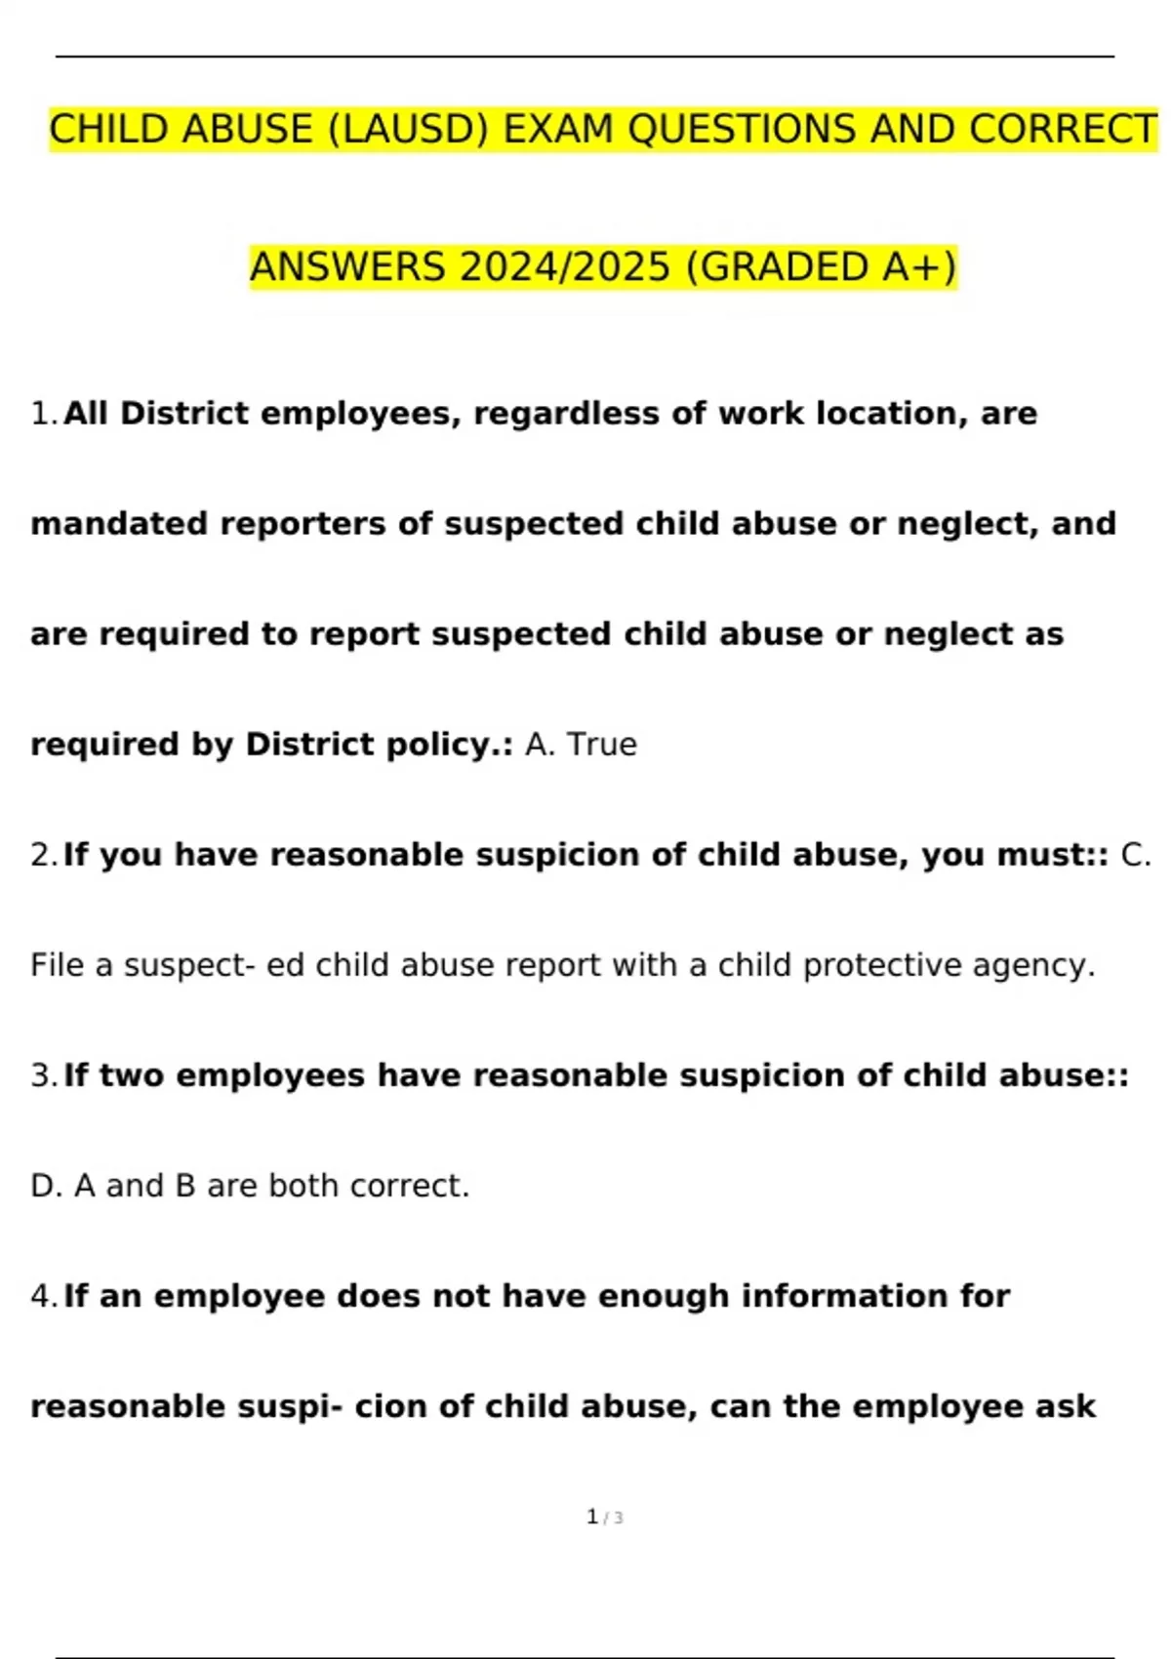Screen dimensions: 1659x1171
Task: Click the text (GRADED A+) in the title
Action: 822,267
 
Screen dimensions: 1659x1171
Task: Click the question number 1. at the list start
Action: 44,414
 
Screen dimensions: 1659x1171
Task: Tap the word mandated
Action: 119,524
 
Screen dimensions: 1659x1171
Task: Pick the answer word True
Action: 601,745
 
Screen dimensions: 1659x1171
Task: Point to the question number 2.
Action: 44,855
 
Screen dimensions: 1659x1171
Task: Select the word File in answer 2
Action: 58,965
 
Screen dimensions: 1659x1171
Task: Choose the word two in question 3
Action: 132,1075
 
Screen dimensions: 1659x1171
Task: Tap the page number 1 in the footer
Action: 592,1517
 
